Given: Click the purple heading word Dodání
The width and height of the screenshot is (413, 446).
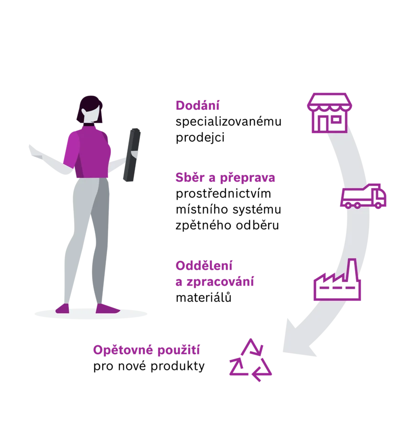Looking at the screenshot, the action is (197, 105).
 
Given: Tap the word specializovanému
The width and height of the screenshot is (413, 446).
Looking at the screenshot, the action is (228, 122).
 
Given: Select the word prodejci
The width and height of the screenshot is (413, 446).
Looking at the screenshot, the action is (200, 138).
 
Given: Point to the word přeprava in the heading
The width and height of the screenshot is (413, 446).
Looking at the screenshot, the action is (248, 178).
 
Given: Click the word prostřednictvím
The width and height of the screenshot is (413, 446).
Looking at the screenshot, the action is (223, 194).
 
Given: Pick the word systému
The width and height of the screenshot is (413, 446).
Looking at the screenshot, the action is (257, 210).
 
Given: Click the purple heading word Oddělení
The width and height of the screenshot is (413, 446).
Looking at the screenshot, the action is (204, 266).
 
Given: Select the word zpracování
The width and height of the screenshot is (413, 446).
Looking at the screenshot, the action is (220, 282).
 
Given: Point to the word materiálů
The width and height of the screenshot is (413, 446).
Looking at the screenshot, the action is (204, 297).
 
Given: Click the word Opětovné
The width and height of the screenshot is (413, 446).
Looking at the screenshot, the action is (123, 350).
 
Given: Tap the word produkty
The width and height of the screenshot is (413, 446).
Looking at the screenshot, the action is (177, 366).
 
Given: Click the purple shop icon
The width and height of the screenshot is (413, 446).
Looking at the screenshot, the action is (329, 113).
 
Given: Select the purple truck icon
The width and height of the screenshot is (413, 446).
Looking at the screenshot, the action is (363, 196).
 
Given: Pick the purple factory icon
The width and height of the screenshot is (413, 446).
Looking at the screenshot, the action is (337, 280).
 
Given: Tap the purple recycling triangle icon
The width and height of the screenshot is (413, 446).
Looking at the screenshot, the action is (250, 360).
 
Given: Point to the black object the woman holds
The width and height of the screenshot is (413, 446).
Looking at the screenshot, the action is (132, 155).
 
